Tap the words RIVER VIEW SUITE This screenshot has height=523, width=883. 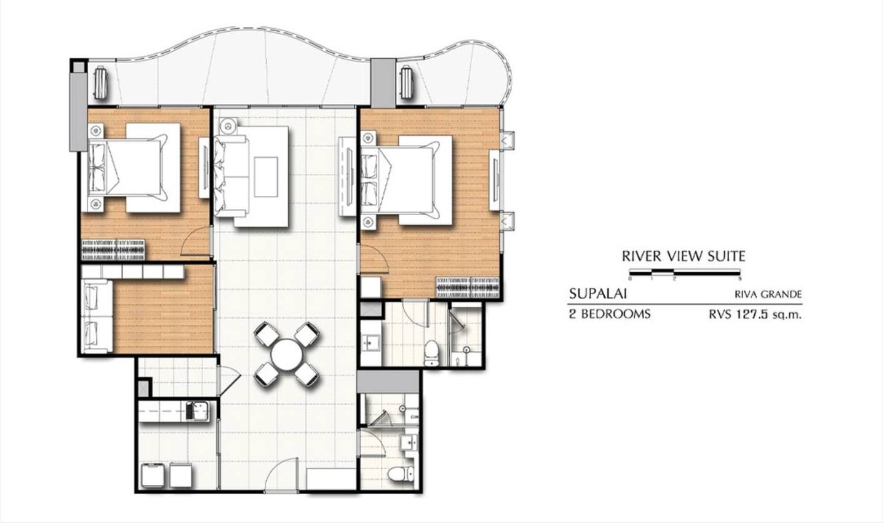(x=684, y=256)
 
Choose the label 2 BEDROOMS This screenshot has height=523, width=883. (x=610, y=314)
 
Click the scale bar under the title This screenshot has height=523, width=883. (x=685, y=272)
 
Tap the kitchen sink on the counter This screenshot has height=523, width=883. (x=199, y=410)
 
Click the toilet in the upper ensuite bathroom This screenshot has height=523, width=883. (x=431, y=353)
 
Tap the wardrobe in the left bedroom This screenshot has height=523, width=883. (x=113, y=250)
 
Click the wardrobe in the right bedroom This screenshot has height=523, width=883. (x=468, y=287)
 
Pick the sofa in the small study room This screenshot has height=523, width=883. (x=97, y=316)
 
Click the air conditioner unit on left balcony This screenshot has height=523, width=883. (x=100, y=83)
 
